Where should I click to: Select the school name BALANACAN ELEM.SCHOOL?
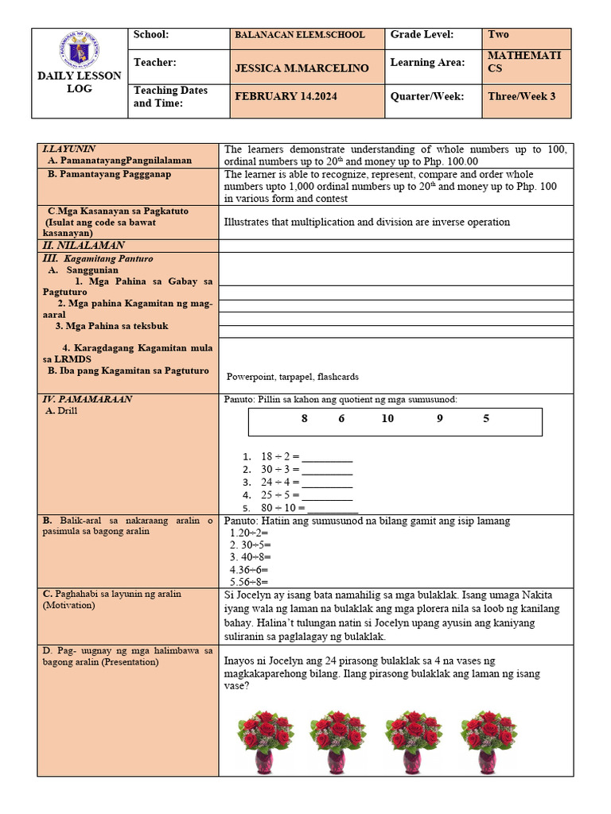300,35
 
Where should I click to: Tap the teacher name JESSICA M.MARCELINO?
302,68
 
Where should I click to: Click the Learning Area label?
427,63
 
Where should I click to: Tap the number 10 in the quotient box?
387,419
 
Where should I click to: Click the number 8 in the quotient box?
304,419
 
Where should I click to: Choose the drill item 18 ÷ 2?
279,457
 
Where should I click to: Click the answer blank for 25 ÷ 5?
327,495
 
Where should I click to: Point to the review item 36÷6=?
249,569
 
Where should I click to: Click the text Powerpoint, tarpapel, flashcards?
292,377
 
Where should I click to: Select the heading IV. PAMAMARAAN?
87,399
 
